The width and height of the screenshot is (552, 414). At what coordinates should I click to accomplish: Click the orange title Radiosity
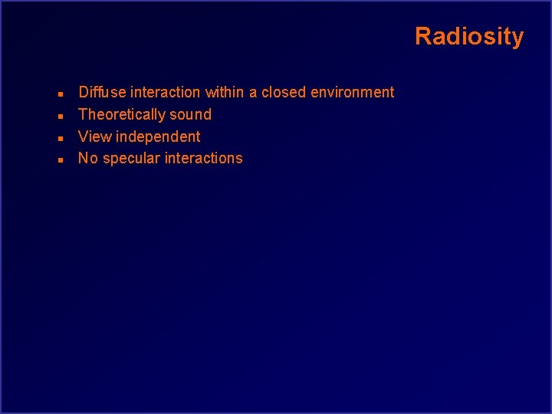point(469,36)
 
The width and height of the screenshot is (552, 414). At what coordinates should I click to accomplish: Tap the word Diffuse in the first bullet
point(103,92)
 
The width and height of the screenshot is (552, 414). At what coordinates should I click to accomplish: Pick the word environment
point(352,92)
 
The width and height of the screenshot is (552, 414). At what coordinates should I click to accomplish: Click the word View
point(95,136)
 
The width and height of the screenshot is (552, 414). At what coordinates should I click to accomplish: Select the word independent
point(158,137)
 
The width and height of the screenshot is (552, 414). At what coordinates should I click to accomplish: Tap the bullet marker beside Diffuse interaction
point(60,94)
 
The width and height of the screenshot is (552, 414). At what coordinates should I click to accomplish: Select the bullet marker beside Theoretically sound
point(60,116)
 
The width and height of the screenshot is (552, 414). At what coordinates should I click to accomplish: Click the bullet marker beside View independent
point(60,138)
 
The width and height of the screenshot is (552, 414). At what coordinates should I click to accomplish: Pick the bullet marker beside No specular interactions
point(60,159)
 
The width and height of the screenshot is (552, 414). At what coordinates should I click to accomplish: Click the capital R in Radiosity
point(422,36)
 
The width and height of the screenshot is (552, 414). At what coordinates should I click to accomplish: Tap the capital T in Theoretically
point(84,115)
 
